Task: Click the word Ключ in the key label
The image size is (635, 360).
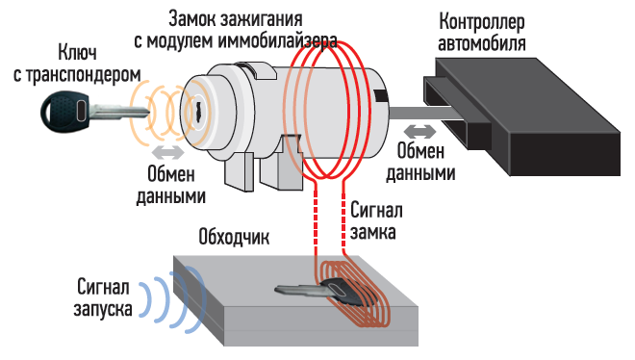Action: [x=77, y=53]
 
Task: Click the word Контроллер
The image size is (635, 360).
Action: [x=482, y=22]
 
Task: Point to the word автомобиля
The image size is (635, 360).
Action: [x=482, y=42]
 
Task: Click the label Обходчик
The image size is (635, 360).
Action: [x=234, y=237]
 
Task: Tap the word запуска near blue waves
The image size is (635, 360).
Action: [x=103, y=309]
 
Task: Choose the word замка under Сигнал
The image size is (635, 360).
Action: [x=373, y=233]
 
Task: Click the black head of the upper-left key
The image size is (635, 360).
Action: [x=64, y=110]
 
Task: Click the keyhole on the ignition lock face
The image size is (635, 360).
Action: [x=199, y=109]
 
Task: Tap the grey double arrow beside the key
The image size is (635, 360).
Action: [x=167, y=153]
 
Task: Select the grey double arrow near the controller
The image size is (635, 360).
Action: [x=419, y=131]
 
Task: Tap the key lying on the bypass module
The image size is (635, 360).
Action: [x=320, y=292]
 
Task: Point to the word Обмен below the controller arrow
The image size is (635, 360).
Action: [x=420, y=151]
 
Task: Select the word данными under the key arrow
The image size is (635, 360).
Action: [x=171, y=196]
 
